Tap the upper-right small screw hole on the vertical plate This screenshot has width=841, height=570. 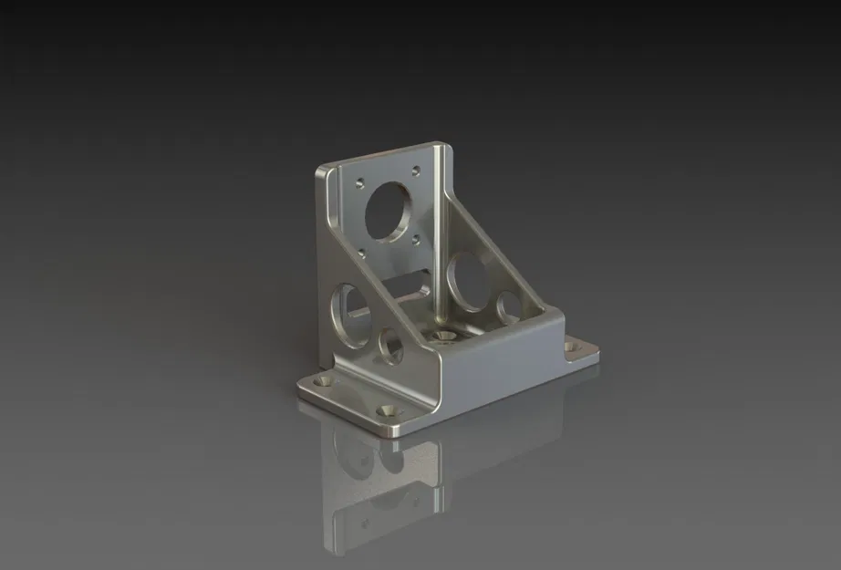click(x=416, y=170)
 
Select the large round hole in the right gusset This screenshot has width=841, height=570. click(x=471, y=281)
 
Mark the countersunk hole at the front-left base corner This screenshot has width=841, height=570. click(x=324, y=378)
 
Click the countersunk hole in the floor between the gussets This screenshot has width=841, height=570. click(x=444, y=336)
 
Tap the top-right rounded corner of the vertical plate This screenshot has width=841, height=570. click(x=442, y=146)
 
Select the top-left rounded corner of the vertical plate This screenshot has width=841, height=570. click(x=321, y=171)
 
